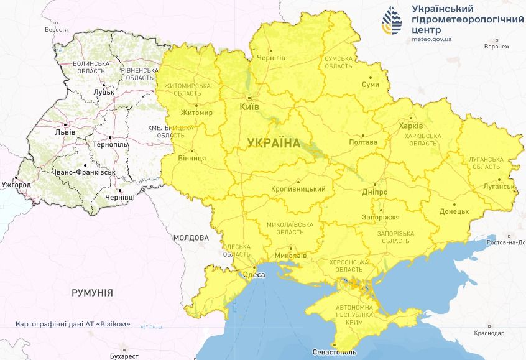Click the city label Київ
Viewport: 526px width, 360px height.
249,107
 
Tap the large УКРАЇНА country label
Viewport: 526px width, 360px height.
274,142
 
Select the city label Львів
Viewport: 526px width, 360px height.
65,132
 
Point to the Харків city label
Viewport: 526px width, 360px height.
410,124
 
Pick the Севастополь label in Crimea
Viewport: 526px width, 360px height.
336,353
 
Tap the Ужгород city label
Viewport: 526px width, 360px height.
16,185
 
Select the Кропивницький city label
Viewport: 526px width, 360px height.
299,188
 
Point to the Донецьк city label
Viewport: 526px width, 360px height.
454,211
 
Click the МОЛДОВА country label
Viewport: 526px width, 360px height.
191,238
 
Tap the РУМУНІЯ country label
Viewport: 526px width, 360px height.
92,292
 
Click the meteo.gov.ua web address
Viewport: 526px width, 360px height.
431,39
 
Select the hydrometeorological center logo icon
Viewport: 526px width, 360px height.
392,22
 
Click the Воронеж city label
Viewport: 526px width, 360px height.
497,47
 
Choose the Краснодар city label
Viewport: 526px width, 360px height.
489,333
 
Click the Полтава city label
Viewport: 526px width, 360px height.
364,142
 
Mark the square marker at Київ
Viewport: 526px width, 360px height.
249,98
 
